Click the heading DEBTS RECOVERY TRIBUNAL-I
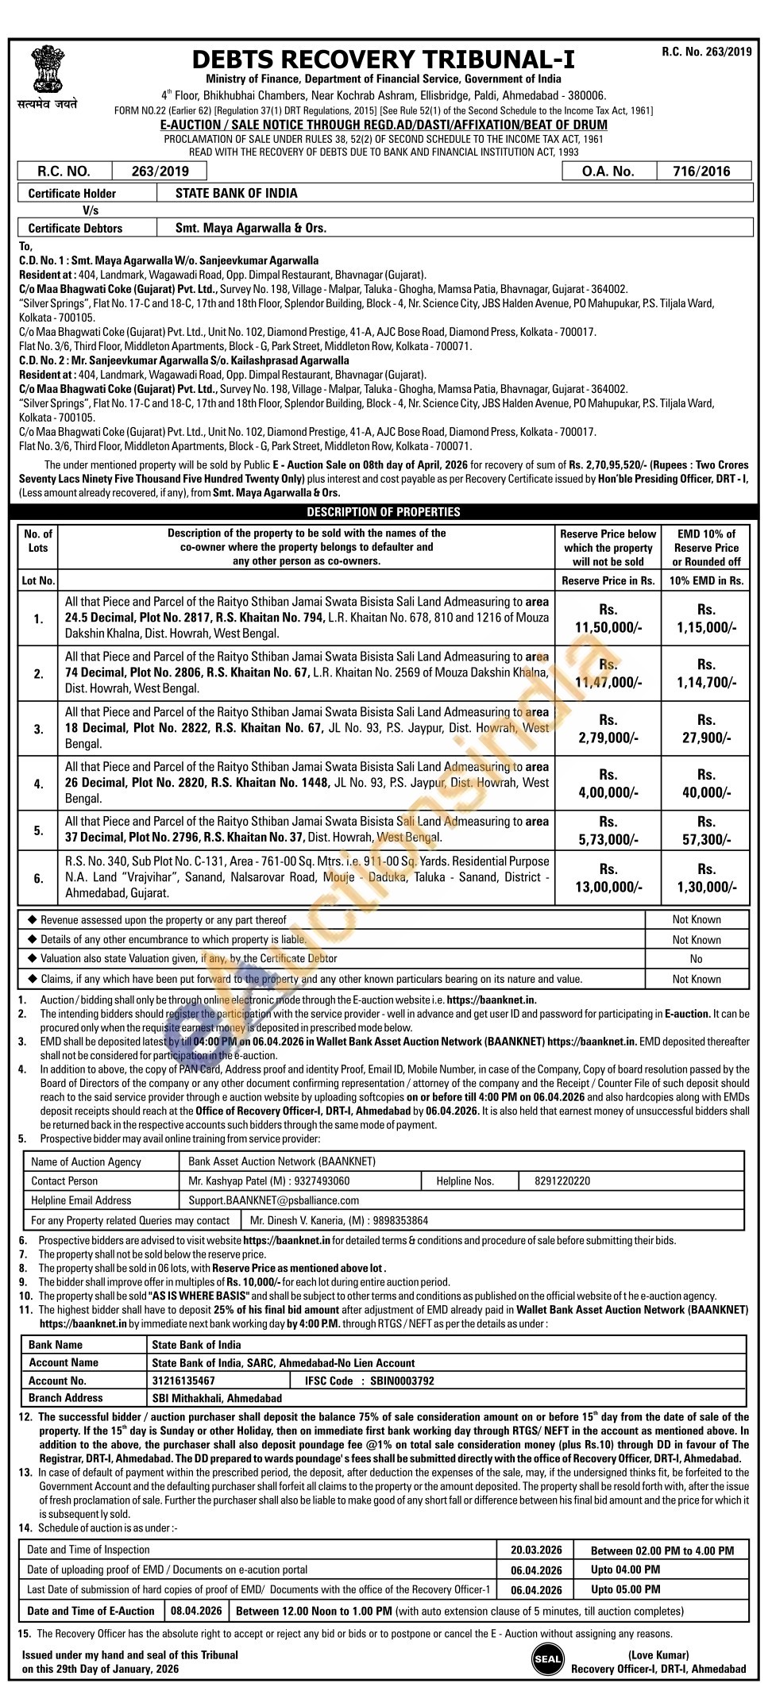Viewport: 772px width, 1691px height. [x=384, y=60]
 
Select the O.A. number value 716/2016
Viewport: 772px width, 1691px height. [x=701, y=171]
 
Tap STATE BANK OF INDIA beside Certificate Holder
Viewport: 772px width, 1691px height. [x=237, y=193]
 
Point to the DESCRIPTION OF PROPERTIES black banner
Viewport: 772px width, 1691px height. [x=384, y=512]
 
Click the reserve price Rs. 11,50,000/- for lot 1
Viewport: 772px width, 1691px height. [x=608, y=619]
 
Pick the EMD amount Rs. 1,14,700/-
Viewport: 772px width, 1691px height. [x=706, y=674]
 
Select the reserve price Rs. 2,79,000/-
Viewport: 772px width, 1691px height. [x=608, y=729]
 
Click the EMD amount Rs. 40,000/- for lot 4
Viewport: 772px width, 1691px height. [x=706, y=784]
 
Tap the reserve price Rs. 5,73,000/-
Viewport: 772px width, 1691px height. [x=608, y=830]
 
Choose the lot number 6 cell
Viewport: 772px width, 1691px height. [x=38, y=878]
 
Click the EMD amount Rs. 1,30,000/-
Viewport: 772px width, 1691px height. [x=706, y=878]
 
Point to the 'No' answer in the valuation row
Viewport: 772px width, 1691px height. [x=697, y=959]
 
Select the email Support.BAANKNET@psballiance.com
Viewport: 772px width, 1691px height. [x=273, y=1200]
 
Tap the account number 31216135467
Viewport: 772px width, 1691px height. [x=183, y=1381]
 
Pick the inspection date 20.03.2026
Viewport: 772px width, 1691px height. [x=536, y=1550]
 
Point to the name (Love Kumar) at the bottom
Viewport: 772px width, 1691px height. [x=658, y=1654]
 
